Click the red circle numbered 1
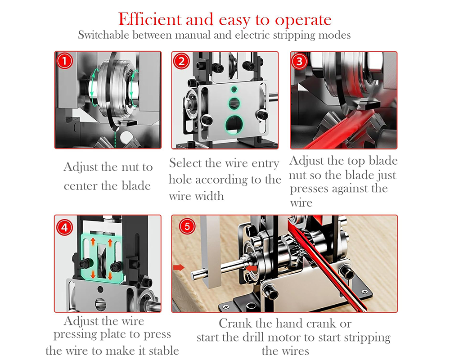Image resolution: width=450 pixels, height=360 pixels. click(x=64, y=61)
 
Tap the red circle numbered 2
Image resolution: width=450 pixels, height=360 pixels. click(x=181, y=61)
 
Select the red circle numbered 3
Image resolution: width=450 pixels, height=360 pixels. click(x=299, y=61)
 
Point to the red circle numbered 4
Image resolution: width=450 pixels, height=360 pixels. click(x=64, y=227)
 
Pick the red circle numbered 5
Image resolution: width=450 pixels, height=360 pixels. click(x=187, y=226)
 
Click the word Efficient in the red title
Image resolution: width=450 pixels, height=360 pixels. click(x=149, y=19)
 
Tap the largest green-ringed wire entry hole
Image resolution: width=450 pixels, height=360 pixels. click(x=234, y=125)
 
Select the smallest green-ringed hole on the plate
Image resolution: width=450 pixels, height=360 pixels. click(x=234, y=90)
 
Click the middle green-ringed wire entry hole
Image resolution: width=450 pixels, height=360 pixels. click(x=234, y=103)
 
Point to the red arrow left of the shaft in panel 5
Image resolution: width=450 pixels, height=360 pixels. click(x=179, y=268)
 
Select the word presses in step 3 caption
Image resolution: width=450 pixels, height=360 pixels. click(x=308, y=189)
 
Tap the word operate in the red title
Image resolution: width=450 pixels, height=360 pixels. click(x=303, y=21)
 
